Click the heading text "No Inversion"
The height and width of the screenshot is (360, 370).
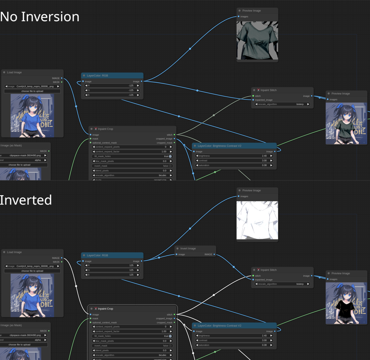pyautogui.click(x=40, y=17)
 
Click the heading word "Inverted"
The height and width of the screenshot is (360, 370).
pyautogui.click(x=26, y=200)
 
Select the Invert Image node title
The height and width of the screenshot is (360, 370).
pyautogui.click(x=188, y=248)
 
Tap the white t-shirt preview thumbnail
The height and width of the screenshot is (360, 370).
pyautogui.click(x=257, y=220)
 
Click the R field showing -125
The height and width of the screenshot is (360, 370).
pyautogui.click(x=112, y=86)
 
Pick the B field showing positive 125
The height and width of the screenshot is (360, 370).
pyautogui.click(x=112, y=275)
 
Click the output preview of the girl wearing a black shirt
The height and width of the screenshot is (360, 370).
pyautogui.click(x=346, y=303)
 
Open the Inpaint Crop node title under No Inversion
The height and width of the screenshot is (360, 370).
pyautogui.click(x=105, y=129)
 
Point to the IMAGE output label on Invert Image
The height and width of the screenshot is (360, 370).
pyautogui.click(x=209, y=254)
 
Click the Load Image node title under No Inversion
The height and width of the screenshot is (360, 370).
pyautogui.click(x=14, y=73)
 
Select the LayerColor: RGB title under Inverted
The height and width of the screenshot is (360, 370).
pyautogui.click(x=98, y=255)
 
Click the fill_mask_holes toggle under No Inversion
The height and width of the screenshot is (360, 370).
pyautogui.click(x=170, y=156)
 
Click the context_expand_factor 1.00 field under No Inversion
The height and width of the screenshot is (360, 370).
pyautogui.click(x=132, y=152)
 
